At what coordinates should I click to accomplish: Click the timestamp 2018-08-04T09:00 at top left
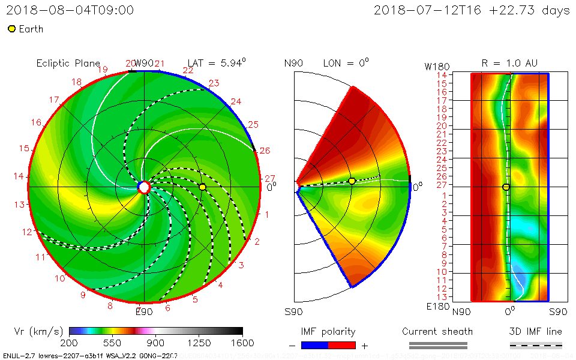[70, 10]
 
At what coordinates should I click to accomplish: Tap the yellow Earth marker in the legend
[11, 29]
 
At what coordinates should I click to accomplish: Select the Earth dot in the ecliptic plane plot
[202, 187]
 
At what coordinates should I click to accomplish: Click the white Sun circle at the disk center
[144, 187]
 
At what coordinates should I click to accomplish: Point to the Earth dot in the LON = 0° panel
[352, 181]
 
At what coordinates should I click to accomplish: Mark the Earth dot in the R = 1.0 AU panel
[506, 187]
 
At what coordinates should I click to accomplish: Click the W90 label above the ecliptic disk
[144, 63]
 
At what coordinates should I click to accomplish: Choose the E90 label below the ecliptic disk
[144, 311]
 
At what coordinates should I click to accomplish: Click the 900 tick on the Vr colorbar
[156, 343]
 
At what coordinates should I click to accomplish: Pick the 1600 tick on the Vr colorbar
[242, 343]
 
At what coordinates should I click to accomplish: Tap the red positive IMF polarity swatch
[342, 345]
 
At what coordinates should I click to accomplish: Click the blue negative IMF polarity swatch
[315, 345]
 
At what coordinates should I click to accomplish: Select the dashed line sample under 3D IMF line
[536, 345]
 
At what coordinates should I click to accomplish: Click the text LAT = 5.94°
[217, 62]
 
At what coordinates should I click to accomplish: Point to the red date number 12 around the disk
[26, 232]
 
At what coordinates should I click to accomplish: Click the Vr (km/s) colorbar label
[38, 331]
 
